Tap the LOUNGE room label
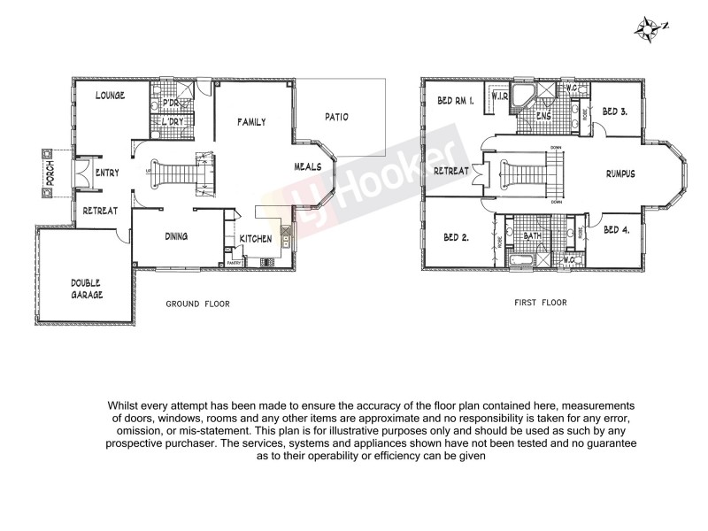pyautogui.click(x=109, y=96)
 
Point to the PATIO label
pyautogui.click(x=336, y=116)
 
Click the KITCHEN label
pyautogui.click(x=256, y=239)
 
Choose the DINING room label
pyautogui.click(x=180, y=236)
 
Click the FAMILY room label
pyautogui.click(x=251, y=122)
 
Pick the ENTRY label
pyautogui.click(x=107, y=173)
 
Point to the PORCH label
pyautogui.click(x=50, y=172)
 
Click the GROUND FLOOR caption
pyautogui.click(x=197, y=304)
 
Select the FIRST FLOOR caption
pyautogui.click(x=540, y=303)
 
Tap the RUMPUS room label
pyautogui.click(x=620, y=173)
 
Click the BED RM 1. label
pyautogui.click(x=456, y=101)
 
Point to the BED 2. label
pyautogui.click(x=455, y=236)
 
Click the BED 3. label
pyautogui.click(x=615, y=112)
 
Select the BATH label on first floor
pyautogui.click(x=532, y=236)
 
